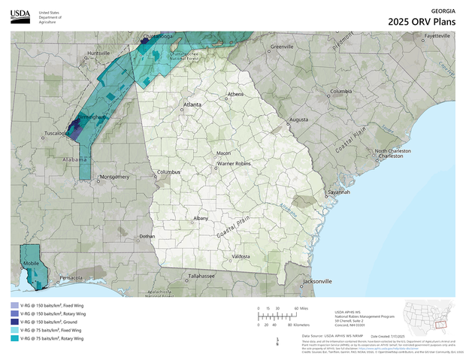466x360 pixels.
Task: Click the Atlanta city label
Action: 192,104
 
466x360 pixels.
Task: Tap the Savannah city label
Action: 339,192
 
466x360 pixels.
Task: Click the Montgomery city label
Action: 115,177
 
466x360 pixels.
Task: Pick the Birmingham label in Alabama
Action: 89,117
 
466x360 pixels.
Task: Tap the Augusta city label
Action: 299,119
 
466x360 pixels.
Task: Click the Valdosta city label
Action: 241,256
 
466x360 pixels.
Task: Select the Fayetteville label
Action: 437,35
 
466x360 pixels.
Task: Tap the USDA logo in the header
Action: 20,16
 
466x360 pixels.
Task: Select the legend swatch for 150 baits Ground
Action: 15,322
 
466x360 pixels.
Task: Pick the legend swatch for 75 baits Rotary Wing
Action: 15,338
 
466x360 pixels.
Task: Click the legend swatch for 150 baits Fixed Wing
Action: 15,307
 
